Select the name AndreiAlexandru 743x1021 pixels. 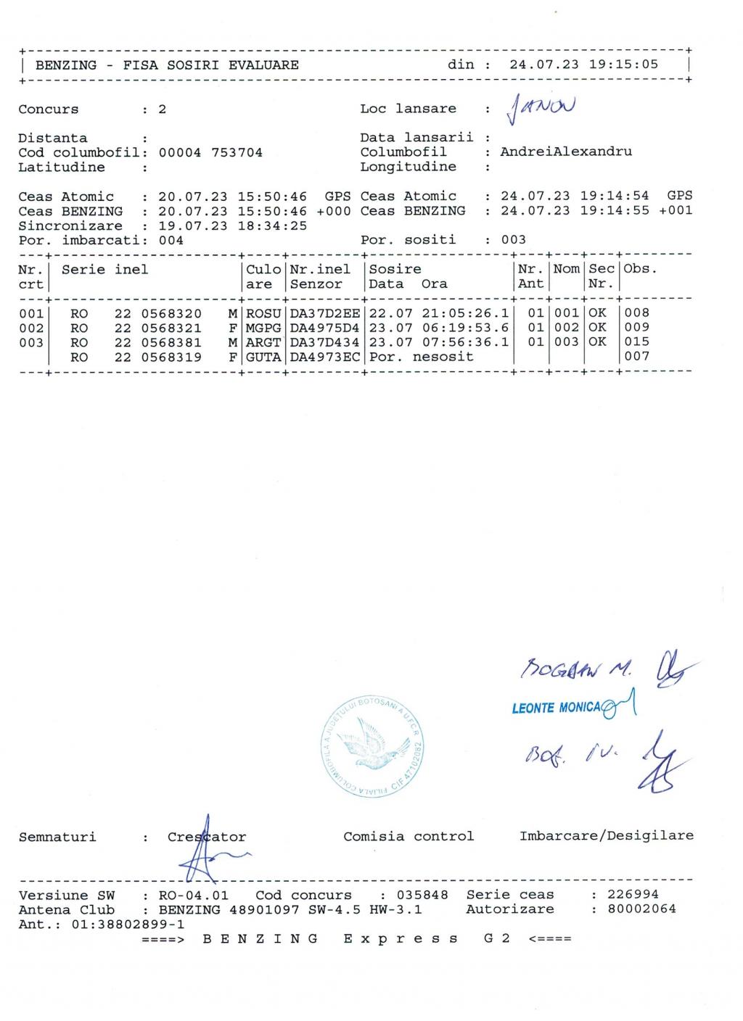coord(566,152)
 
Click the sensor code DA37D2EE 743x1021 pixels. coord(324,313)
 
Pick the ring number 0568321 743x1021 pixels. coord(171,328)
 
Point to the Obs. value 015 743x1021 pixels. coord(636,342)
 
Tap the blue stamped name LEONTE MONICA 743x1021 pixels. coord(556,708)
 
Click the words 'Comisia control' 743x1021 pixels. coord(409,837)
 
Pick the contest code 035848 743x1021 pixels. coord(422,896)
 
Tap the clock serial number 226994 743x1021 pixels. coord(633,895)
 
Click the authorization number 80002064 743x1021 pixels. coord(641,909)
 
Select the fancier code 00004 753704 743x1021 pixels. coord(210,153)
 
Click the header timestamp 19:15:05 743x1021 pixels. coord(623,65)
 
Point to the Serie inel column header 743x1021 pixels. coord(104,270)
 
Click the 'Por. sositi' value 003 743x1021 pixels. coord(513,240)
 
